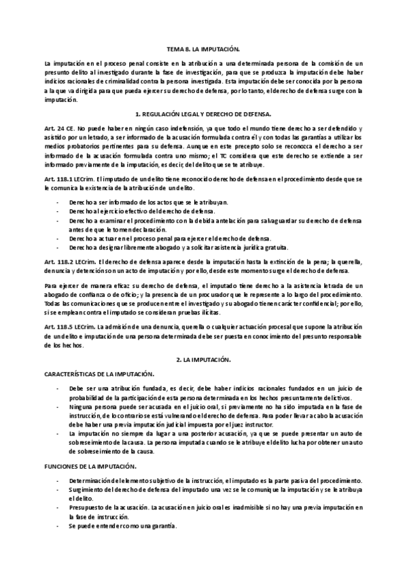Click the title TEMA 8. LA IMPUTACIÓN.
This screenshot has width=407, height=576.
(203, 50)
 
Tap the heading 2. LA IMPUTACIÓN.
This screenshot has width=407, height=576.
(203, 357)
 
